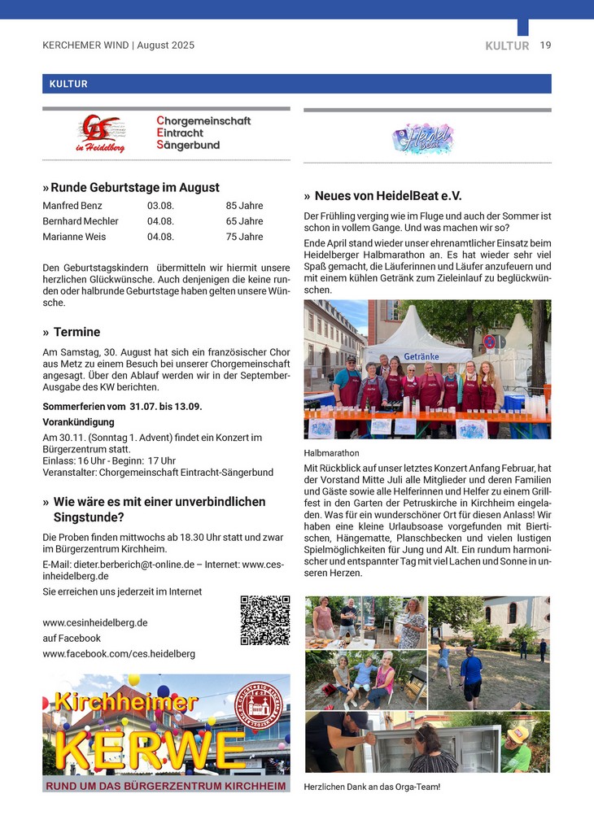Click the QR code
pyautogui.click(x=265, y=621)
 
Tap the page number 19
pyautogui.click(x=545, y=46)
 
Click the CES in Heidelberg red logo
pyautogui.click(x=102, y=133)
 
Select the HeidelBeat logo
pyautogui.click(x=422, y=138)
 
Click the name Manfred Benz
pyautogui.click(x=72, y=206)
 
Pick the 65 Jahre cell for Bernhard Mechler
pyautogui.click(x=244, y=221)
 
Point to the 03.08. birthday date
pyautogui.click(x=161, y=206)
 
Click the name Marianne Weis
pyautogui.click(x=73, y=237)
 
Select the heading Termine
pyautogui.click(x=76, y=332)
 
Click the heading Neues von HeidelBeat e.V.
pyautogui.click(x=387, y=196)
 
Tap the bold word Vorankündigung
pyautogui.click(x=78, y=422)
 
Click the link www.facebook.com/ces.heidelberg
pyautogui.click(x=119, y=653)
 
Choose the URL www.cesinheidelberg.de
pyautogui.click(x=95, y=622)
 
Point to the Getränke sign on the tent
pyautogui.click(x=421, y=356)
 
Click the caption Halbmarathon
pyautogui.click(x=331, y=453)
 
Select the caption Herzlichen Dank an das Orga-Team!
pyautogui.click(x=372, y=787)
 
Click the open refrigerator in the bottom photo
pyautogui.click(x=467, y=747)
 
